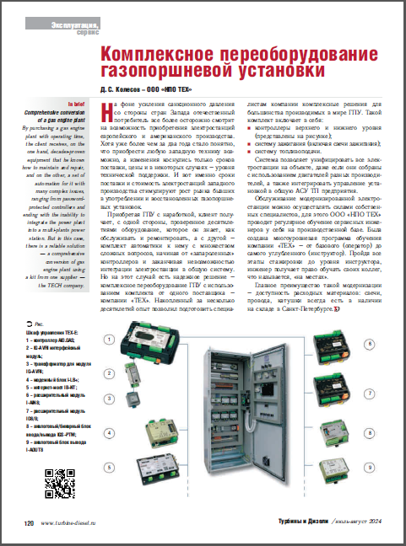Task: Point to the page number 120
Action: point(28,524)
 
